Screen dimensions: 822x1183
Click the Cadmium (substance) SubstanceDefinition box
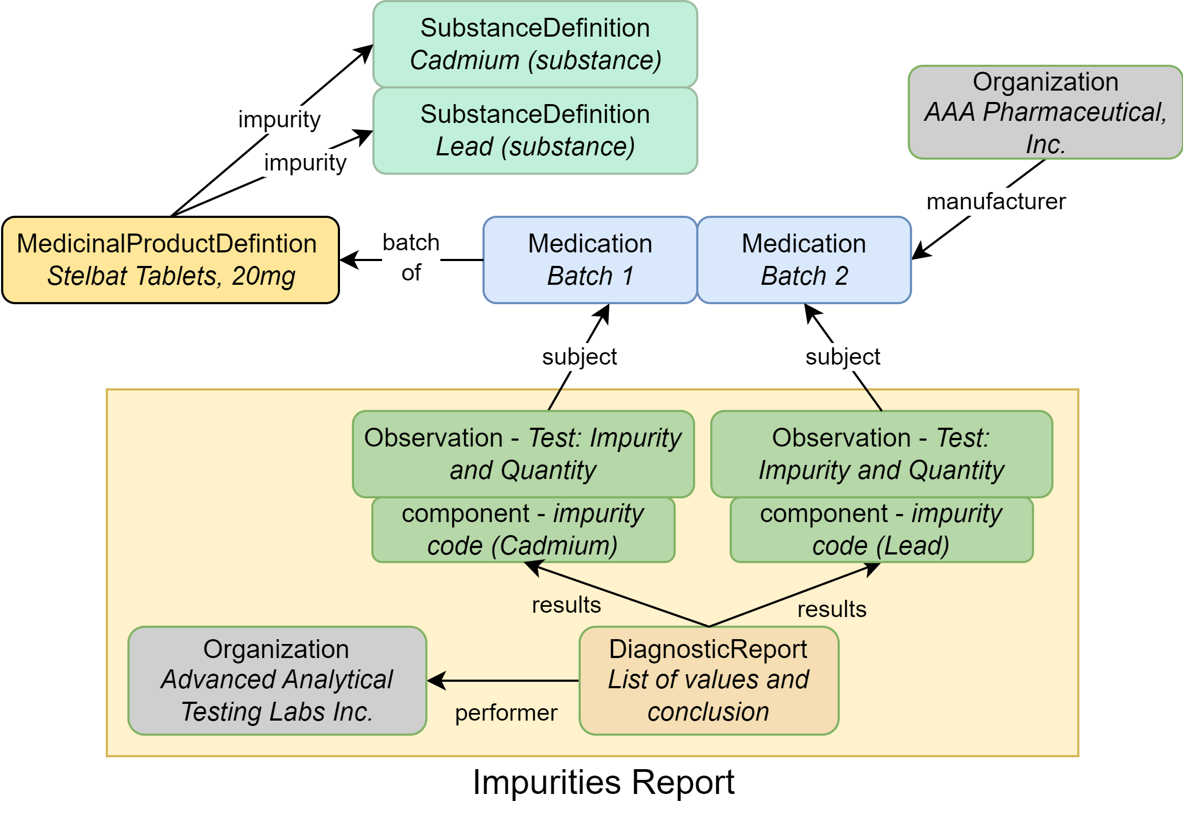coord(535,44)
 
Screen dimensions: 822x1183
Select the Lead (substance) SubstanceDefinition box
coord(535,131)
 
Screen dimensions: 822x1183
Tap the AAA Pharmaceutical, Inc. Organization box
coord(1045,112)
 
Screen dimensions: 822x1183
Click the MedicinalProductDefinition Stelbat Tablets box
coord(171,260)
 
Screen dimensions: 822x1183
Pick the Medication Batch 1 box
coord(590,260)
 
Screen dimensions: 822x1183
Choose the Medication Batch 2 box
coord(804,260)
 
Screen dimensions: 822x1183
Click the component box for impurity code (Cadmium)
coord(523,530)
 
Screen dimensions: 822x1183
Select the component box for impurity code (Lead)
coord(881,530)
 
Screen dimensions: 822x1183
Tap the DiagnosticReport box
coord(709,680)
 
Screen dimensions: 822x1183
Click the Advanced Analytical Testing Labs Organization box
coord(277,680)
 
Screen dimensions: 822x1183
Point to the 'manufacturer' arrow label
coord(996,202)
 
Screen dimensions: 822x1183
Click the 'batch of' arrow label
coord(411,257)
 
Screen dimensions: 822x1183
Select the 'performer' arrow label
coord(506,713)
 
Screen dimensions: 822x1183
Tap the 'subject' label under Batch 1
coord(579,357)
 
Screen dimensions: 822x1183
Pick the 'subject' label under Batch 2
coord(842,357)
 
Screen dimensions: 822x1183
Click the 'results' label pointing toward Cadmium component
coord(566,605)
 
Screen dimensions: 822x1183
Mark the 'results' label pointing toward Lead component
coord(832,609)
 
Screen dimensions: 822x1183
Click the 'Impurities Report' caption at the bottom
coord(603,782)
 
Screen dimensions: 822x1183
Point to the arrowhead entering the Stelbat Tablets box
coord(349,260)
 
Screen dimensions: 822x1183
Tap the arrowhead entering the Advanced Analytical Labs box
coord(436,681)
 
